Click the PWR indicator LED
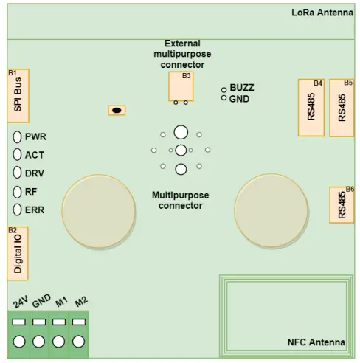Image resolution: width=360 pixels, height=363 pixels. [x=16, y=136]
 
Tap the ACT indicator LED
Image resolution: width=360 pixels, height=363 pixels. [x=16, y=155]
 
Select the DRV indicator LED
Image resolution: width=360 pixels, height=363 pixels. [x=16, y=173]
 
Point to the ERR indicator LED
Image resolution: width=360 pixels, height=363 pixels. [x=16, y=210]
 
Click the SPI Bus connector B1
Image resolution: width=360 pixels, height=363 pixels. [x=17, y=95]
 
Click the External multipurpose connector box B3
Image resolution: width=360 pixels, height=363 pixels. [x=180, y=86]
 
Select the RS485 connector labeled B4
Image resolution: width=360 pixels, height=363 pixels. [x=311, y=107]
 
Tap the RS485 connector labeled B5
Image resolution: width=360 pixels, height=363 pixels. [x=342, y=107]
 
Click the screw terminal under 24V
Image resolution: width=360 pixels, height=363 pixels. [x=19, y=341]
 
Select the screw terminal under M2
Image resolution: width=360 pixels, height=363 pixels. [x=78, y=341]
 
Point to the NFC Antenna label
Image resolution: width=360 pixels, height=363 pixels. [x=316, y=342]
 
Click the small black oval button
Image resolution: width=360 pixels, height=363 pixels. [x=117, y=111]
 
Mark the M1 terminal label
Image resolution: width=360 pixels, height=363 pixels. [x=61, y=300]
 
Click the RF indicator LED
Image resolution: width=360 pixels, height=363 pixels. [x=16, y=192]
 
